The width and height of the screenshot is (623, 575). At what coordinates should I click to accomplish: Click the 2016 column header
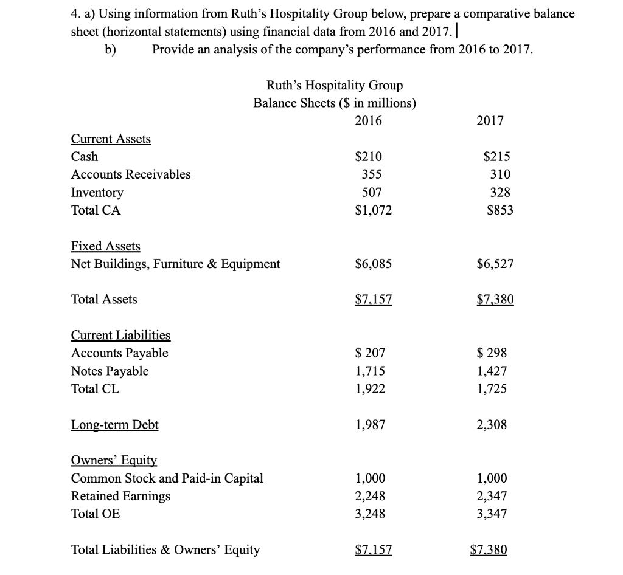pos(368,120)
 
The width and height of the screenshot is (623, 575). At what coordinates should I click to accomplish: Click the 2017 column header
pos(490,120)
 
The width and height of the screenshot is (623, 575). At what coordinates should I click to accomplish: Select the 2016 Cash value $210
pos(369,156)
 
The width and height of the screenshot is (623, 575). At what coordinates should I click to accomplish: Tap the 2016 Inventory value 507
pos(372,193)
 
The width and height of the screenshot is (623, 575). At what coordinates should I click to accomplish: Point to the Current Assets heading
pos(111,139)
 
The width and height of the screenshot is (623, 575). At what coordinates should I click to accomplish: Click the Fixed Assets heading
pos(105,246)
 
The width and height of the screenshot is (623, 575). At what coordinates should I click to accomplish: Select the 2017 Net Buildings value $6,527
pos(493,264)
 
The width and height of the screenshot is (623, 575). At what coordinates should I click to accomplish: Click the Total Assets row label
pos(104,299)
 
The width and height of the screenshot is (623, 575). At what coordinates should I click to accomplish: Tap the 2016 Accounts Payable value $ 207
pos(370,353)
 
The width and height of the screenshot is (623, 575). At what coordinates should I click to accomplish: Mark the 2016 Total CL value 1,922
pos(370,388)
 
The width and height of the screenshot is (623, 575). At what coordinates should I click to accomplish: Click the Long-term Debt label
pos(114,425)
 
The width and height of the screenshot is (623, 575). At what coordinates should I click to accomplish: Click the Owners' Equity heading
pos(114,461)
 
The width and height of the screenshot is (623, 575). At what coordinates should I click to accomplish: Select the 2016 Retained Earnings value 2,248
pos(370,496)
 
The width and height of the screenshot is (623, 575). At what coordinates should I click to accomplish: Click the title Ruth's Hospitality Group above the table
pos(335,86)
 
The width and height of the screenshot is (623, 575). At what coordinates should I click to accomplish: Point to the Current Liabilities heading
pos(120,336)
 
